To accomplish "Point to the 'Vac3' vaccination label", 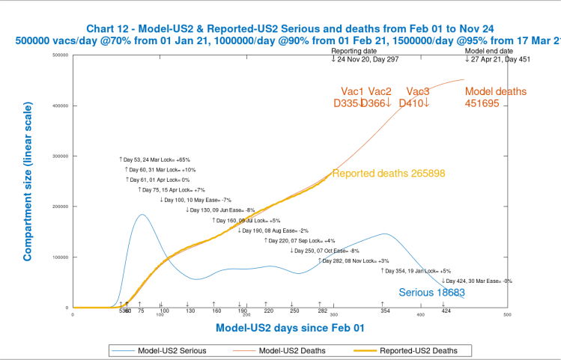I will coord(417,91).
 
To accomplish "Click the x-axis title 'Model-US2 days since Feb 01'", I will coord(290,328).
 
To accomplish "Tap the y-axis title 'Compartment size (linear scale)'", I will coord(27,193).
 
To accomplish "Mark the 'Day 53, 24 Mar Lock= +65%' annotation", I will coord(155,159).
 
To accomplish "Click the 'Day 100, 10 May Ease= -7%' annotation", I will coord(196,200).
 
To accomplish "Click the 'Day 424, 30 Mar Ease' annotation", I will coord(476,281).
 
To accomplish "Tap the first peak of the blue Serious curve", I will coord(141,215).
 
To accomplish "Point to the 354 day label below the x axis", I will coord(384,311).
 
